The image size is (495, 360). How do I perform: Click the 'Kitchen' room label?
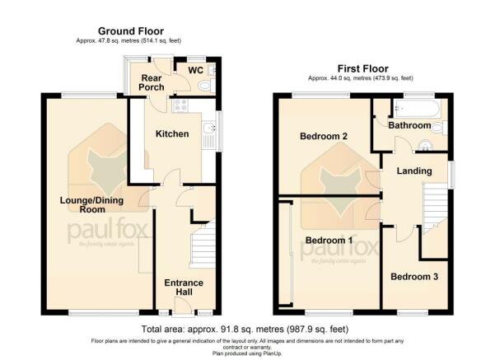click(173, 133)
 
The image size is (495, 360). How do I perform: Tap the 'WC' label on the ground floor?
click(194, 70)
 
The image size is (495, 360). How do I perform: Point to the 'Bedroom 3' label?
click(413, 277)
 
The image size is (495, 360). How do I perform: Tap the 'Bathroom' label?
click(410, 126)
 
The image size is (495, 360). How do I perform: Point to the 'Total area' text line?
click(247, 328)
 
